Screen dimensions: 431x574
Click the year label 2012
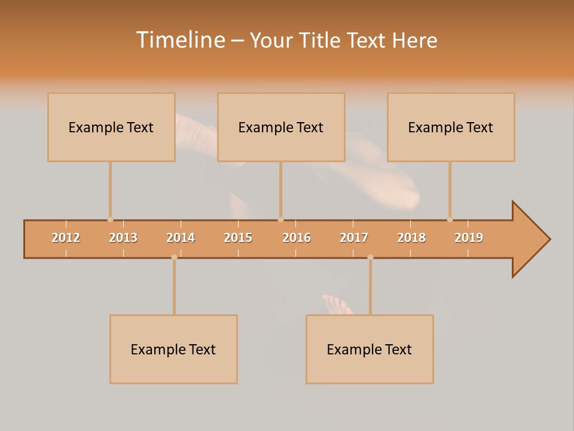click(66, 238)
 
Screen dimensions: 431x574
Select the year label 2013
click(123, 238)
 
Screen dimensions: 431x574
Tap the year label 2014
click(181, 238)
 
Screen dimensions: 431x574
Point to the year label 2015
click(238, 238)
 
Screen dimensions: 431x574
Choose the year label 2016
click(297, 238)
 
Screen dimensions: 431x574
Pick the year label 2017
click(354, 238)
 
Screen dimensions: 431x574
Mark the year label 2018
click(411, 238)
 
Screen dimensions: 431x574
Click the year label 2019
click(469, 238)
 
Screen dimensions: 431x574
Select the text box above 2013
click(111, 127)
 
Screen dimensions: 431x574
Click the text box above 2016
click(281, 127)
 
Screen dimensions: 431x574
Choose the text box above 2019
click(451, 127)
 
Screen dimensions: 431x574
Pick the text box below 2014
click(173, 349)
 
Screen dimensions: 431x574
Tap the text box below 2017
click(370, 349)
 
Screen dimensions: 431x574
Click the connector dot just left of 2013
click(110, 220)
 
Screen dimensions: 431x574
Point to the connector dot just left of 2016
click(280, 220)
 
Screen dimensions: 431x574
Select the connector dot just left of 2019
click(450, 220)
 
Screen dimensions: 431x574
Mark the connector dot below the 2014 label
click(174, 257)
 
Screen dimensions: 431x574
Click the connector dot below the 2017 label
click(370, 257)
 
